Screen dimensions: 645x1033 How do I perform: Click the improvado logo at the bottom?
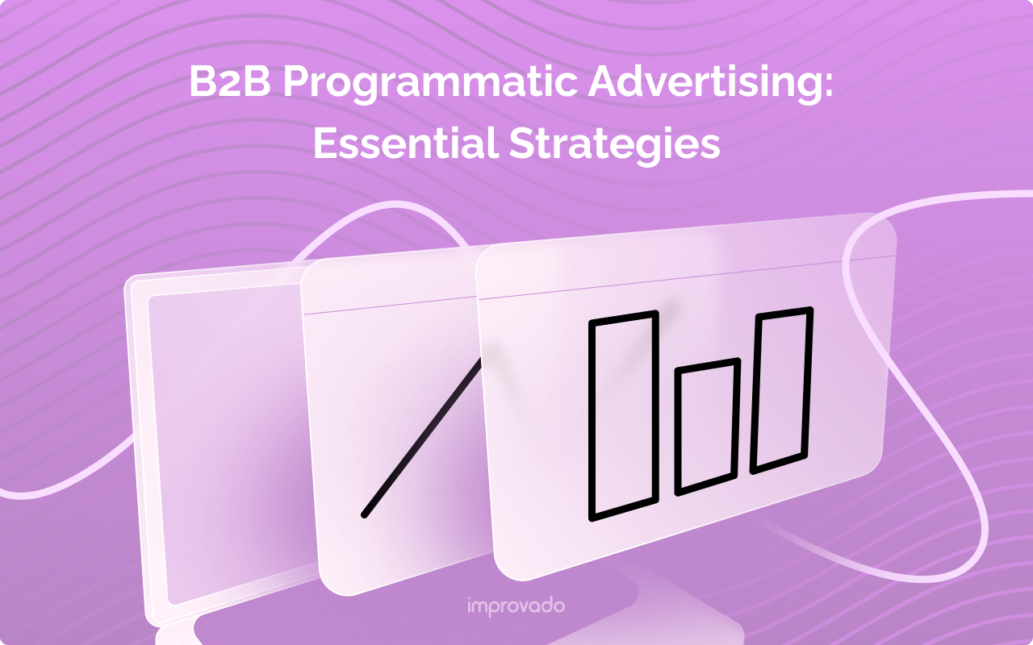516,605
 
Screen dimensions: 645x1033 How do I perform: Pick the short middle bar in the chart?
707,426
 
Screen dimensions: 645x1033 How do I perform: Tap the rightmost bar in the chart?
781,389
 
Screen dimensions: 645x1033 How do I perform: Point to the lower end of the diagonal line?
365,514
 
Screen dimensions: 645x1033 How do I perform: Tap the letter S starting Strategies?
521,144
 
